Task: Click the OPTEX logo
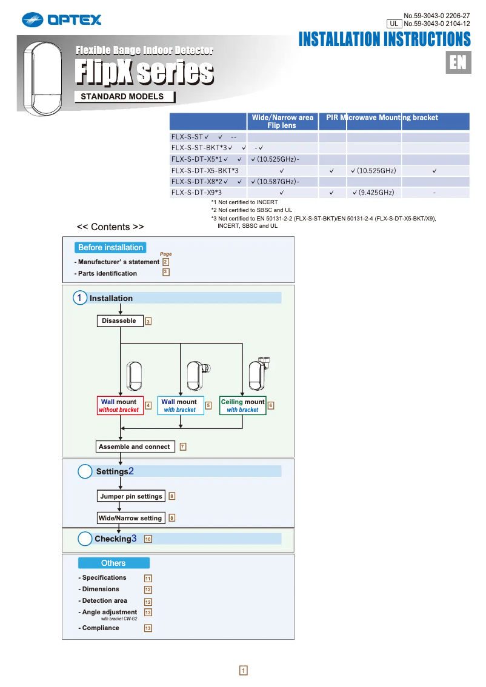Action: tap(62, 20)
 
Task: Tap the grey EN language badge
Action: tap(458, 62)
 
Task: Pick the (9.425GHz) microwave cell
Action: tap(373, 193)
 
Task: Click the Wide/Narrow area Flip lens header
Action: tap(282, 121)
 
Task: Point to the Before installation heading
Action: tap(111, 247)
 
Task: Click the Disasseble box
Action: tap(119, 321)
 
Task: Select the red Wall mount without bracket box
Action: tap(119, 405)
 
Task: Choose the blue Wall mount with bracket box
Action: tap(179, 405)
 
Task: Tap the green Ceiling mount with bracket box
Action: tap(242, 405)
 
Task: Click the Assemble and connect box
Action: tap(135, 446)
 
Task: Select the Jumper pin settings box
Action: tap(131, 496)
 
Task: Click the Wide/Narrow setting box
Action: tap(130, 518)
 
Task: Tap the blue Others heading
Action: tap(113, 563)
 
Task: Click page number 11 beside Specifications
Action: tap(148, 579)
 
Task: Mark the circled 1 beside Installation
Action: tap(80, 298)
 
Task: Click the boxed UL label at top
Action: tap(394, 24)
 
